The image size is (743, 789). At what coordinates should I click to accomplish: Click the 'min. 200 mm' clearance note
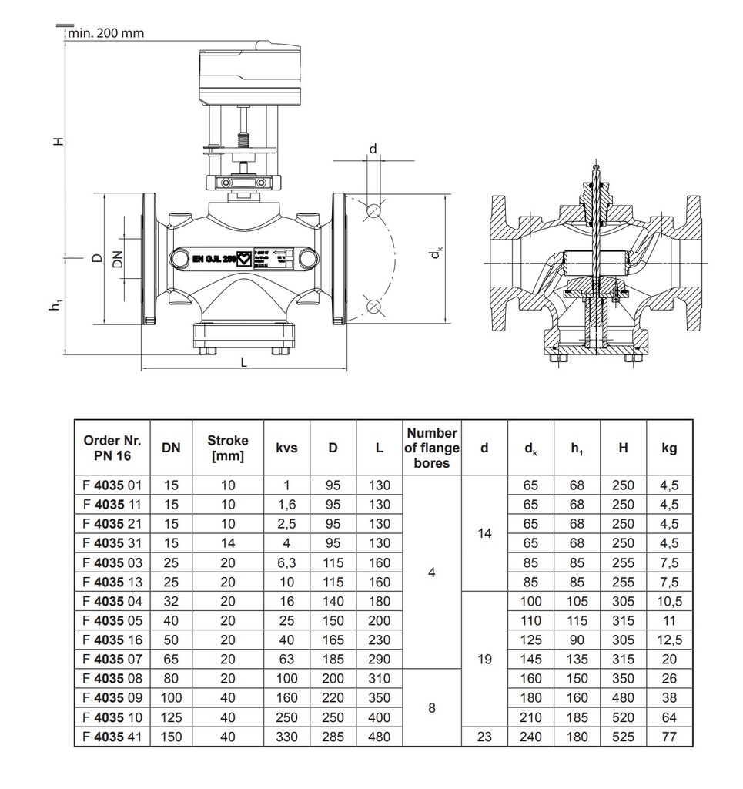tap(106, 33)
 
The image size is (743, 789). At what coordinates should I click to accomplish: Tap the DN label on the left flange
tap(117, 259)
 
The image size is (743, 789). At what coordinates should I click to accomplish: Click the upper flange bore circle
tap(374, 210)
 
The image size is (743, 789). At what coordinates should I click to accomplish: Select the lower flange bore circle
tap(374, 307)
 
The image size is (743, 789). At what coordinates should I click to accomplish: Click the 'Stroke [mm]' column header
tap(228, 448)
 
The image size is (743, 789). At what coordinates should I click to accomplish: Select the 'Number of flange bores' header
tap(432, 448)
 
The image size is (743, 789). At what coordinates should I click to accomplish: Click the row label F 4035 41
tap(112, 737)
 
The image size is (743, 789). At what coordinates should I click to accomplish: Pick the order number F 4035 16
tap(112, 640)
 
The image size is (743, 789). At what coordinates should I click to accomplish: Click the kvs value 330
tap(286, 737)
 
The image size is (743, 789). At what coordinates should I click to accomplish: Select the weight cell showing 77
tap(669, 737)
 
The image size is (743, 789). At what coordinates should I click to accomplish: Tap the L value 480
tap(379, 737)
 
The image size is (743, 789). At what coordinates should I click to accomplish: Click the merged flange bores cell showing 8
tap(432, 707)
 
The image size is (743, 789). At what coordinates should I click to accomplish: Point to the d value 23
tap(484, 737)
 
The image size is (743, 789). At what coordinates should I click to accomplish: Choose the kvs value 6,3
tap(286, 562)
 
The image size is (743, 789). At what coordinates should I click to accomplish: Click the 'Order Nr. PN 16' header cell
tap(112, 448)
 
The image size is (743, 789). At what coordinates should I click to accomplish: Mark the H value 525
tap(623, 737)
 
